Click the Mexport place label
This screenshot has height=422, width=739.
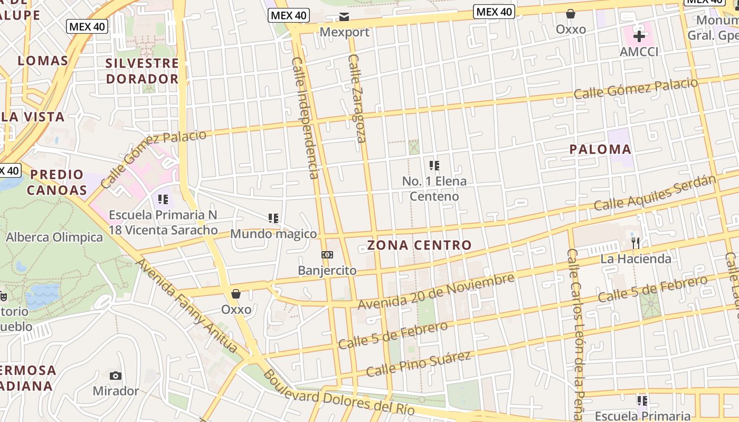click(345, 32)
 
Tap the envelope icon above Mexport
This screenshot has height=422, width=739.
click(344, 17)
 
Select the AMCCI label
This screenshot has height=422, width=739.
click(639, 52)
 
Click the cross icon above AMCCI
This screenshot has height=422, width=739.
click(639, 36)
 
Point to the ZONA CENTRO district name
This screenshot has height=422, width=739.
click(419, 245)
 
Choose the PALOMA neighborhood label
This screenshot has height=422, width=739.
click(600, 149)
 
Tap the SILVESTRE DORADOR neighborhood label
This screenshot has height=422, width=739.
click(142, 71)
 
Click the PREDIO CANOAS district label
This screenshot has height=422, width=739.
click(57, 182)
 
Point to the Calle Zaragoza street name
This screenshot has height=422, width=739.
click(357, 98)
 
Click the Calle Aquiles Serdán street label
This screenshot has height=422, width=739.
click(655, 193)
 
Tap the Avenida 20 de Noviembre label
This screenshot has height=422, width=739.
click(436, 292)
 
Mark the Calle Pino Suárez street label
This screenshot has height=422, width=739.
click(418, 364)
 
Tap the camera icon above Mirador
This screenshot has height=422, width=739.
click(116, 376)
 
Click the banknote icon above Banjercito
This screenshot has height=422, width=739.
click(327, 255)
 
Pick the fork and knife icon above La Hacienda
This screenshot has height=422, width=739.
click(636, 243)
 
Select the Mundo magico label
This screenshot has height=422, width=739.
click(273, 234)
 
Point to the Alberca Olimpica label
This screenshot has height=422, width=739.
click(54, 237)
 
